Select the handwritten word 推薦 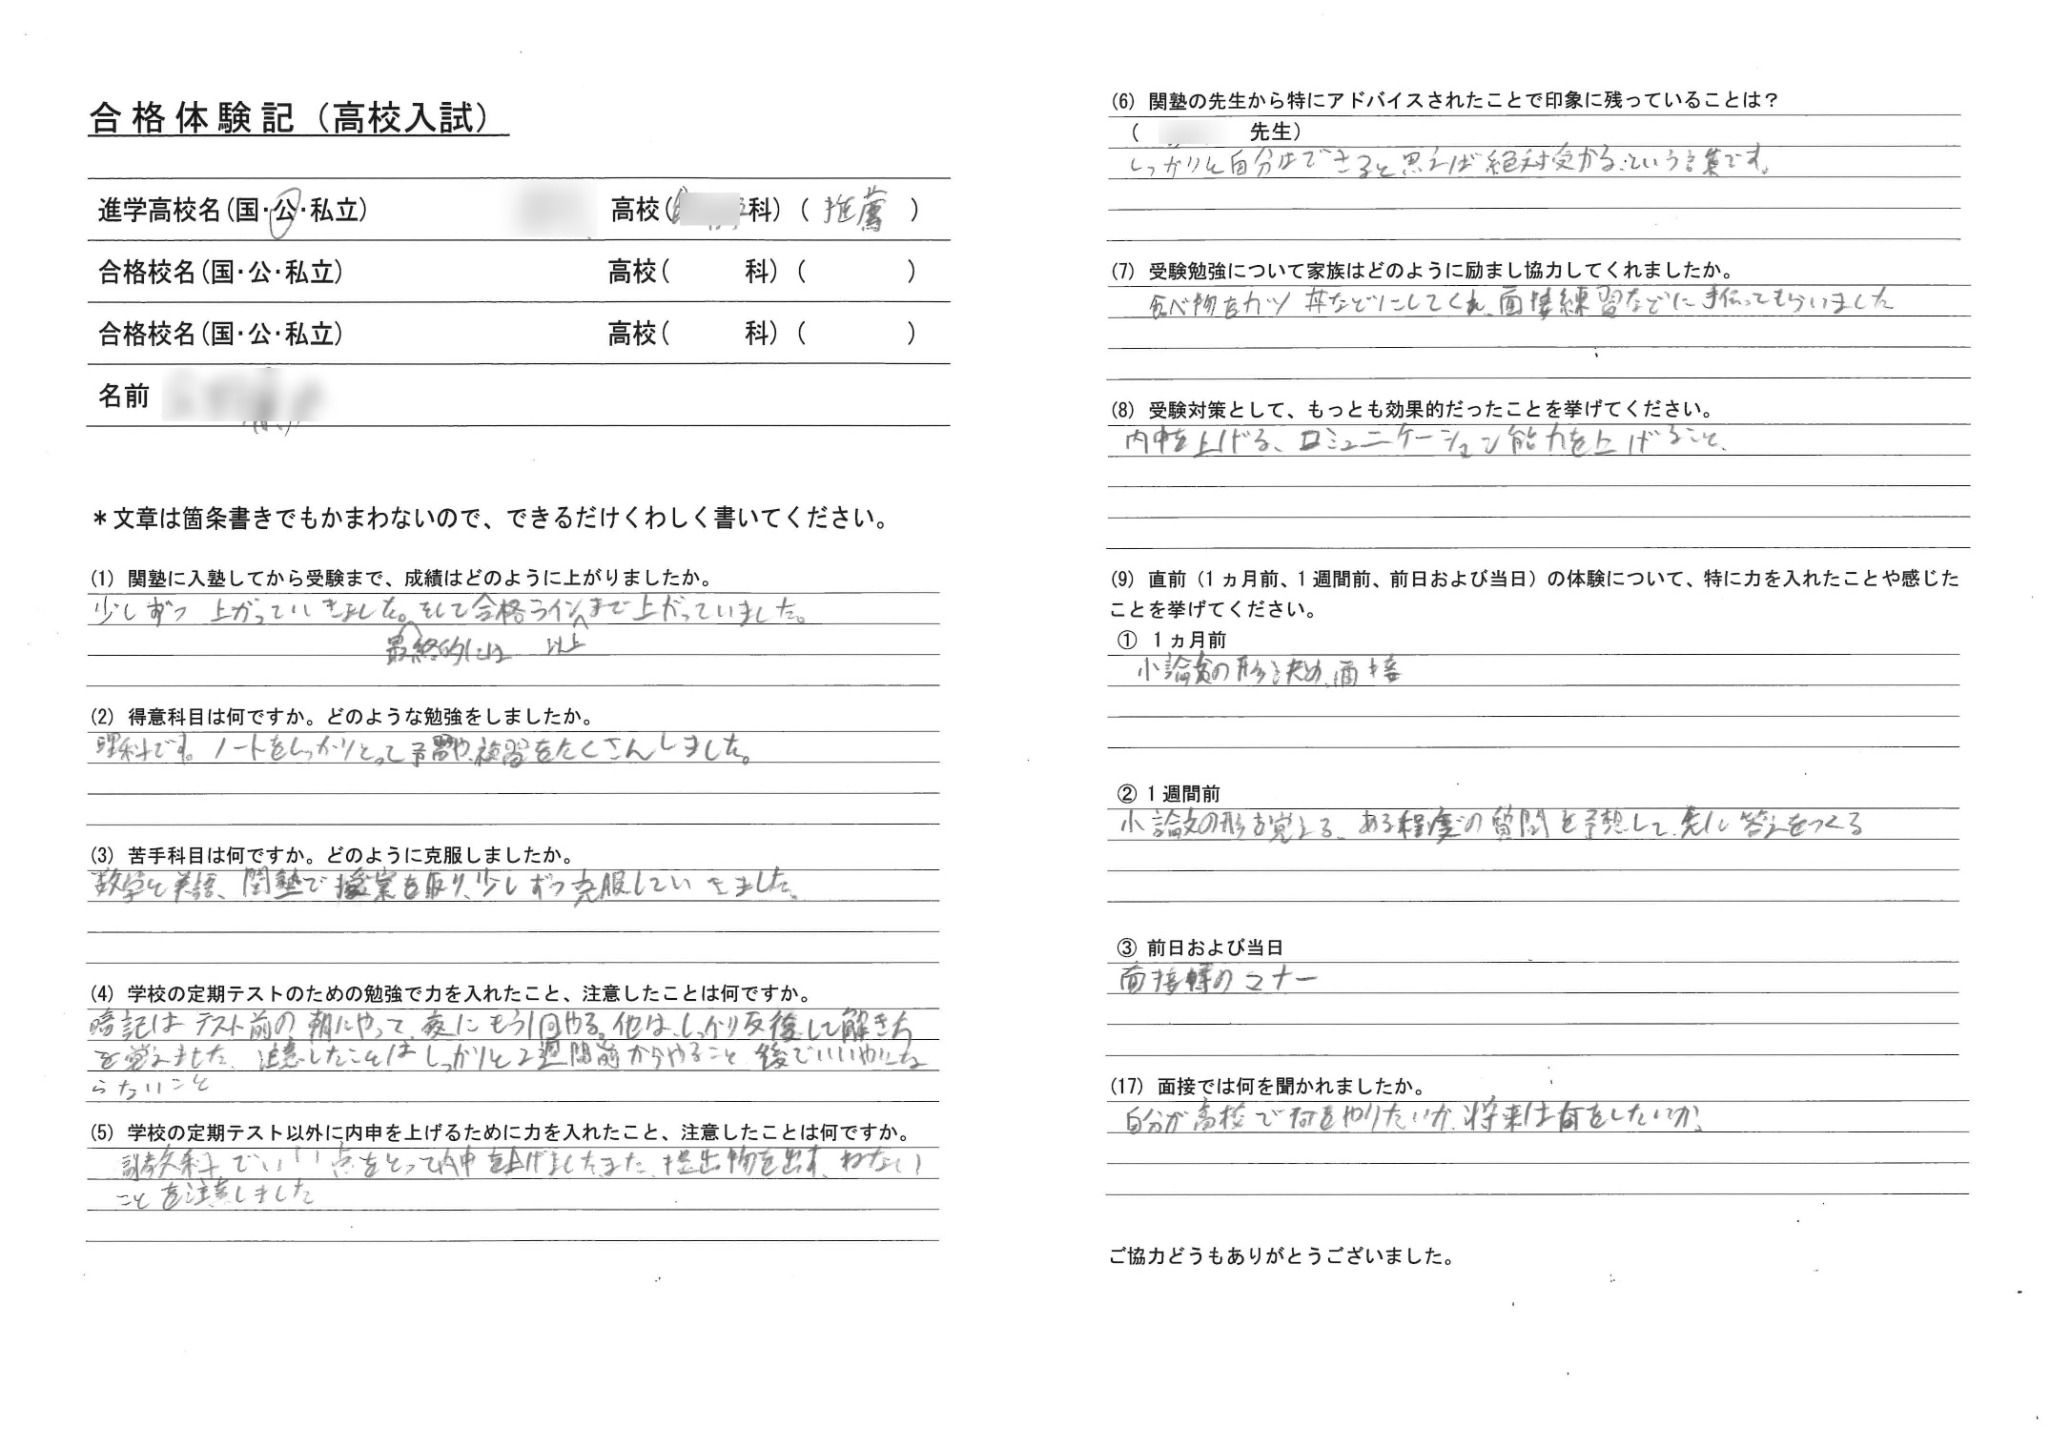[854, 212]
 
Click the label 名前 [124, 396]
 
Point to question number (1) [102, 579]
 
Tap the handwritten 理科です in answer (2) [143, 749]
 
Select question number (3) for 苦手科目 [102, 855]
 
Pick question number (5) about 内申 [102, 1132]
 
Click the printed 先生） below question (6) [1275, 132]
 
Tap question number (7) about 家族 [1122, 272]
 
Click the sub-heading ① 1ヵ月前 [1171, 641]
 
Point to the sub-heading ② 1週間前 [1168, 794]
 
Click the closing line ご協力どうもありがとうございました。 [1281, 1256]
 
